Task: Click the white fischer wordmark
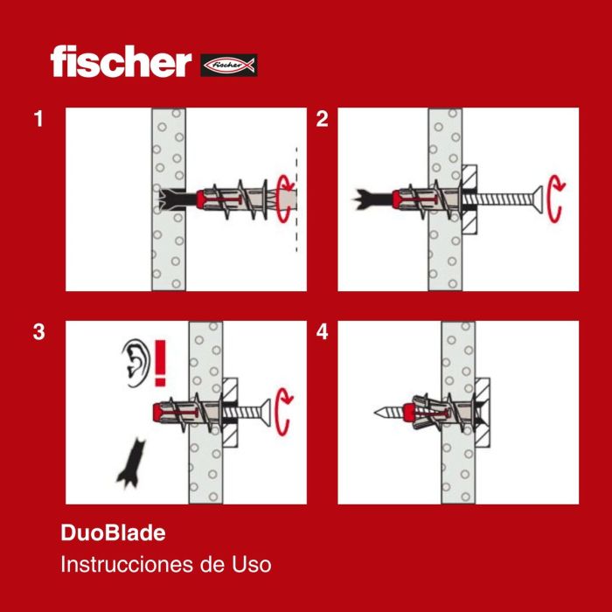pyautogui.click(x=120, y=62)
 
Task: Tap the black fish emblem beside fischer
pyautogui.click(x=228, y=65)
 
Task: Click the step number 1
pyautogui.click(x=38, y=120)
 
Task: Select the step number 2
pyautogui.click(x=322, y=120)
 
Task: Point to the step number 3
pyautogui.click(x=38, y=332)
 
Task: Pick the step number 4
pyautogui.click(x=322, y=332)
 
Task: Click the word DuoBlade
pyautogui.click(x=113, y=532)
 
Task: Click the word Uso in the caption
pyautogui.click(x=253, y=564)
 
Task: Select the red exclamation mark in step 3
pyautogui.click(x=160, y=364)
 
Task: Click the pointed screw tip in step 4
pyautogui.click(x=382, y=411)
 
